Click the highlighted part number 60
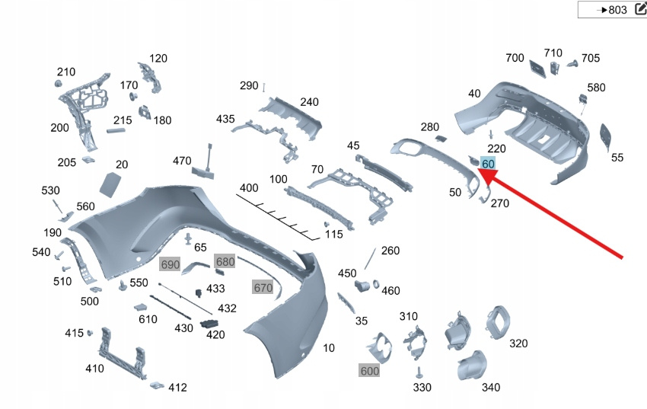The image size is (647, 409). pos(488,164)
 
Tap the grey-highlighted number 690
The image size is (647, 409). pos(170,264)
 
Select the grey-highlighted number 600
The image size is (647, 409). pos(369,370)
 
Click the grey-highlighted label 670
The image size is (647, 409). pos(263,287)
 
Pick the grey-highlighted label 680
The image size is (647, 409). pos(225,262)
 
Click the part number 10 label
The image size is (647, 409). pos(329,348)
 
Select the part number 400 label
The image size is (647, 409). pos(249,187)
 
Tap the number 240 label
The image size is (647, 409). pos(309,102)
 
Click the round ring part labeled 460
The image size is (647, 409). pos(376,285)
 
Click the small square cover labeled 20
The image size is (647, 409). pos(111,184)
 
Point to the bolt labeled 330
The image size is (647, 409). pos(418,372)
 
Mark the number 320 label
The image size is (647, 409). pos(518,343)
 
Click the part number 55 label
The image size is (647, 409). pos(617,158)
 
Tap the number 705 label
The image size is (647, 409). pos(591,58)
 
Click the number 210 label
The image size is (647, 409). pos(66,72)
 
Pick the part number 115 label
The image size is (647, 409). pos(333,235)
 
